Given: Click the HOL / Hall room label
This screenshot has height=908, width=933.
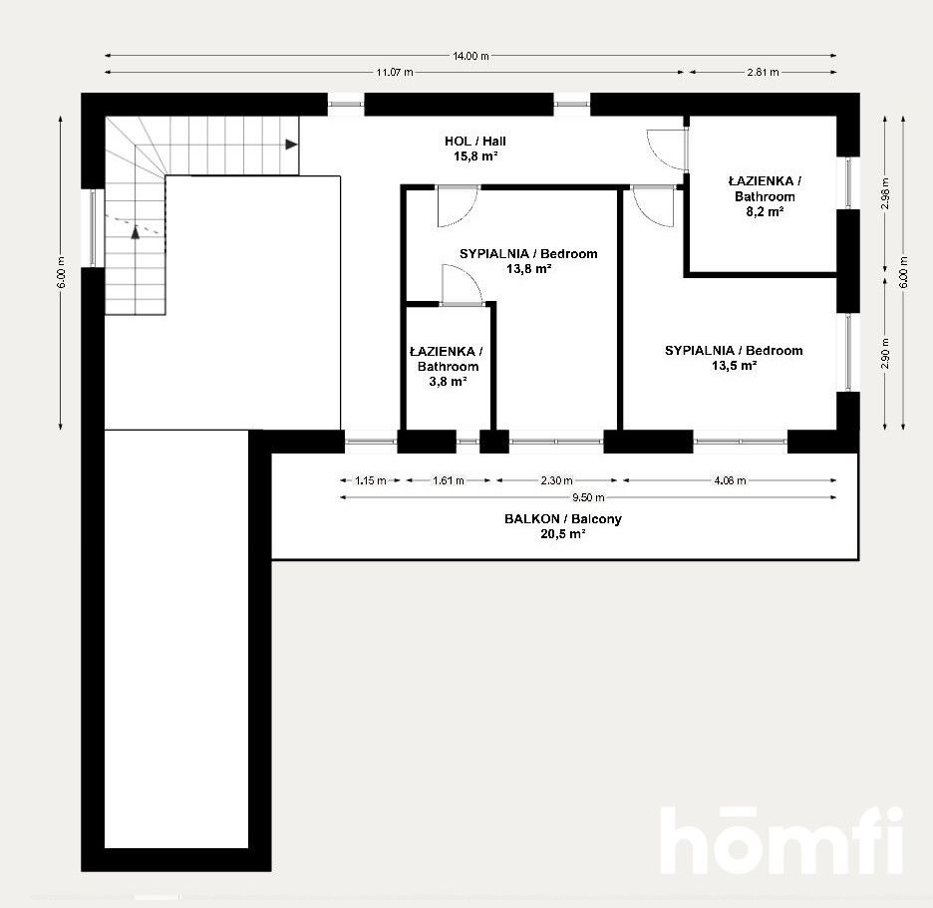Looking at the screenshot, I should (474, 142).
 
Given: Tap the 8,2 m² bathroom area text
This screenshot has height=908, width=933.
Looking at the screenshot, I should (764, 211).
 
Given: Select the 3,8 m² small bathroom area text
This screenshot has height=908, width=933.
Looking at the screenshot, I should (448, 381).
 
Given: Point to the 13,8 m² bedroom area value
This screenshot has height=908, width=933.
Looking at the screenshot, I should (528, 268).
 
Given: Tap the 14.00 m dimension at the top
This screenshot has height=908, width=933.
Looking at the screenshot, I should (470, 56).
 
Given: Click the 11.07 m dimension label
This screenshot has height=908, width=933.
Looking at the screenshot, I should (395, 72).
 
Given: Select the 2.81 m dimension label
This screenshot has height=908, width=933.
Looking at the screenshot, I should (762, 72).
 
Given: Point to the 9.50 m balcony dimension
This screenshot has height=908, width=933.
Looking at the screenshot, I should (587, 497).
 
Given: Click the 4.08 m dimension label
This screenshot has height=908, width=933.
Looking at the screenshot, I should (730, 480).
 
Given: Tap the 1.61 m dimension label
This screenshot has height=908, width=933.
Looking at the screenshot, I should (448, 480).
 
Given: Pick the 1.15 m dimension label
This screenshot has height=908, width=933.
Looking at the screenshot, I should (370, 480).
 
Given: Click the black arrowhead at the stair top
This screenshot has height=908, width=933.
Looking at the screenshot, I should (291, 145).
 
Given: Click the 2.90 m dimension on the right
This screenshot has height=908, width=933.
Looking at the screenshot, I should (886, 355).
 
